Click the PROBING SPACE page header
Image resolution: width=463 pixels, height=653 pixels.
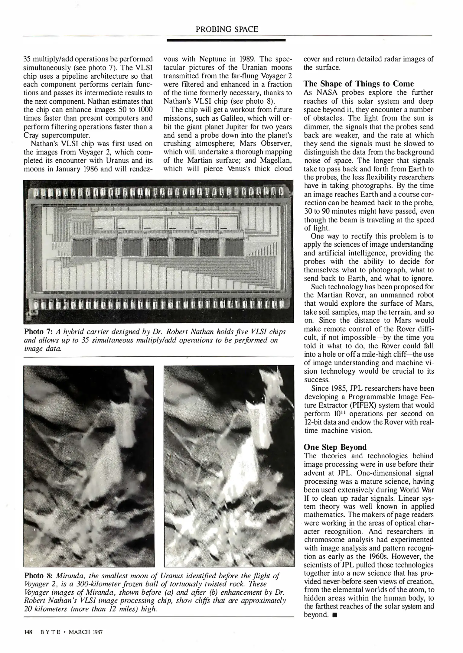[x=227, y=29]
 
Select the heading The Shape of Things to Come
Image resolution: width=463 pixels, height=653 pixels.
[x=359, y=84]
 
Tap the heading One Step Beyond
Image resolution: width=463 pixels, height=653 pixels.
[x=335, y=447]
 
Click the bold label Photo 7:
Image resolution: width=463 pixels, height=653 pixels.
[x=38, y=332]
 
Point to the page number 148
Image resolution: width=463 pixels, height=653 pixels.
[x=28, y=632]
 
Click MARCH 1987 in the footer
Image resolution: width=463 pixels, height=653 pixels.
[x=86, y=632]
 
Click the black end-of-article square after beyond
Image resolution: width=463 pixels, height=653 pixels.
[x=334, y=615]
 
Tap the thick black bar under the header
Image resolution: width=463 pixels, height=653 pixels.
[x=226, y=40]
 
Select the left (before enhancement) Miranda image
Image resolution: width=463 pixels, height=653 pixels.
[x=89, y=466]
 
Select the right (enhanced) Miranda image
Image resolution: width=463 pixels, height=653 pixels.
[x=229, y=466]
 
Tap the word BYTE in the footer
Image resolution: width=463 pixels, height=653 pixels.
[x=51, y=632]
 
